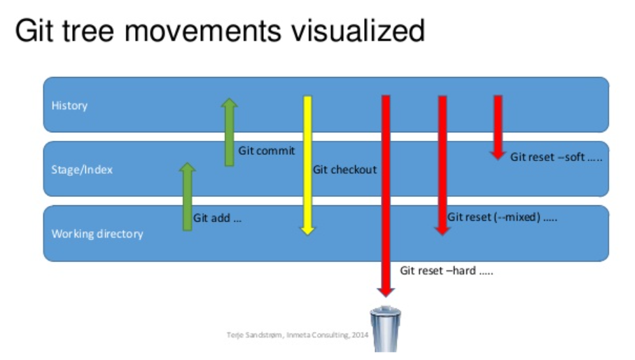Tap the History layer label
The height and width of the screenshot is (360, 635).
pyautogui.click(x=69, y=106)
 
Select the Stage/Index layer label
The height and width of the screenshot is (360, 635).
pyautogui.click(x=82, y=169)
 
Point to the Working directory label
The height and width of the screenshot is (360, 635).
pyautogui.click(x=97, y=234)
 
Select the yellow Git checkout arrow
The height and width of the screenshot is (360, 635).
pyautogui.click(x=307, y=165)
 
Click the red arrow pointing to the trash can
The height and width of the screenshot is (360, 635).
pyautogui.click(x=385, y=196)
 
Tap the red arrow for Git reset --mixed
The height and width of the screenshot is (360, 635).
pyautogui.click(x=442, y=165)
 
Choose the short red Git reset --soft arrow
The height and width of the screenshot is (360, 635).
pyautogui.click(x=498, y=127)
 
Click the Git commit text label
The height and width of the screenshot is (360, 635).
pyautogui.click(x=266, y=151)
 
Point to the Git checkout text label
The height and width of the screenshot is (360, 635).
pyautogui.click(x=344, y=169)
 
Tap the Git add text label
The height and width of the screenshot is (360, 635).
pyautogui.click(x=218, y=218)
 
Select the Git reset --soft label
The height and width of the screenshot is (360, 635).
pyautogui.click(x=556, y=157)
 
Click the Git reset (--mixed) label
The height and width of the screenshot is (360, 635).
pyautogui.click(x=502, y=217)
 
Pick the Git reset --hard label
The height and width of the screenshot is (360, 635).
pyautogui.click(x=447, y=270)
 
